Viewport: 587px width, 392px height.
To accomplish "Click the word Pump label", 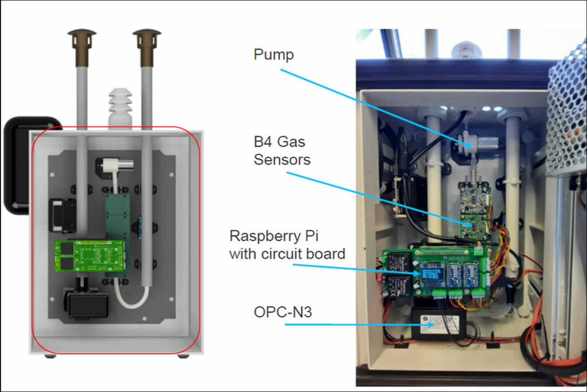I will click(273, 55).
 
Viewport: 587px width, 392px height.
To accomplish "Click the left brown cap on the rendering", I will click(81, 39).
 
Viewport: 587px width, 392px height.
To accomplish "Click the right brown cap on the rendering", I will click(147, 39).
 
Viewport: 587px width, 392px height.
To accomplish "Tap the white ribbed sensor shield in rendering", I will click(120, 106).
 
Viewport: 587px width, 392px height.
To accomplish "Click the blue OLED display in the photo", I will click(431, 274).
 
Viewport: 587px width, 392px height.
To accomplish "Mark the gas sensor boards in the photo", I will click(475, 209).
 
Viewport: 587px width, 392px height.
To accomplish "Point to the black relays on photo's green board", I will click(400, 271).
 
